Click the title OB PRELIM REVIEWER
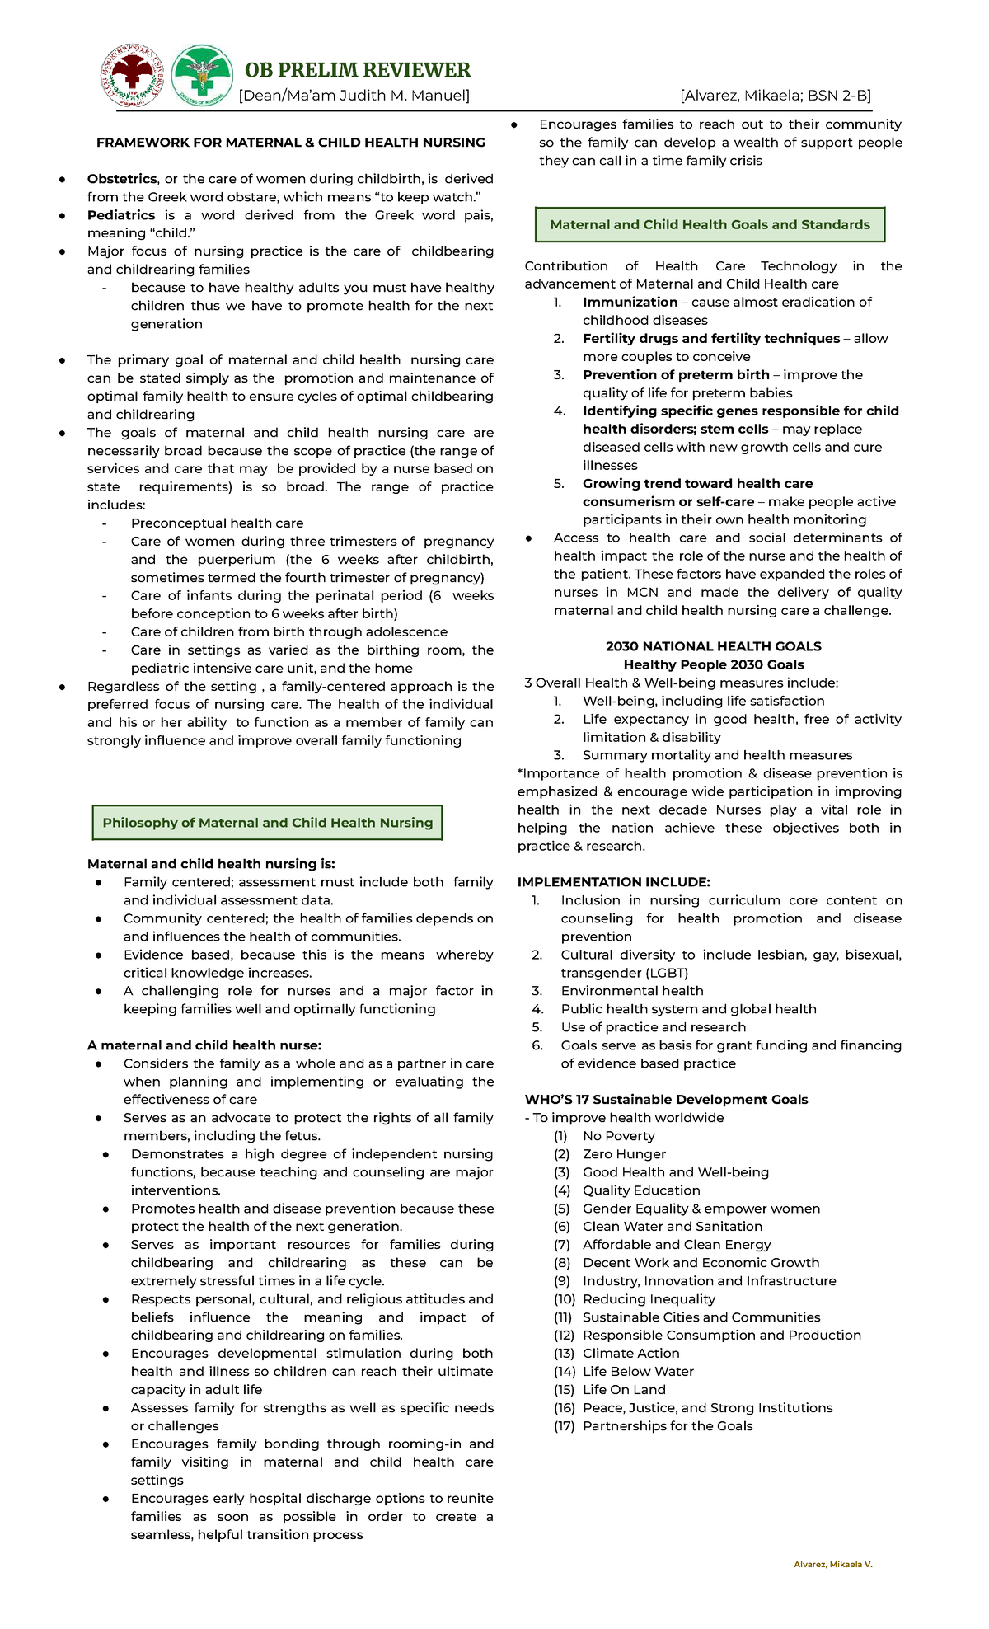click(358, 70)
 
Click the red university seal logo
click(132, 76)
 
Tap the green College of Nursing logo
click(201, 76)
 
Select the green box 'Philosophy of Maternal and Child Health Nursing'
click(267, 823)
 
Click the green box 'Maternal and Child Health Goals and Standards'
click(710, 224)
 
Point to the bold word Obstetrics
click(122, 179)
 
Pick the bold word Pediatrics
click(121, 215)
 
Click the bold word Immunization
click(630, 303)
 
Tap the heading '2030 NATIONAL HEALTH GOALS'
click(713, 646)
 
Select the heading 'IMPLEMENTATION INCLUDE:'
click(613, 882)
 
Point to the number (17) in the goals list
click(564, 1426)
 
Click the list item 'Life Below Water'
click(638, 1372)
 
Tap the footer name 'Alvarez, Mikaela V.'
click(832, 1564)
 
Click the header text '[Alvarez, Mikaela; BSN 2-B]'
click(776, 96)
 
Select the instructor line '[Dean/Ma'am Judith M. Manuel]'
click(354, 96)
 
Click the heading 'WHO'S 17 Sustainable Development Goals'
click(666, 1100)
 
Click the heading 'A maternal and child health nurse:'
click(204, 1045)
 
